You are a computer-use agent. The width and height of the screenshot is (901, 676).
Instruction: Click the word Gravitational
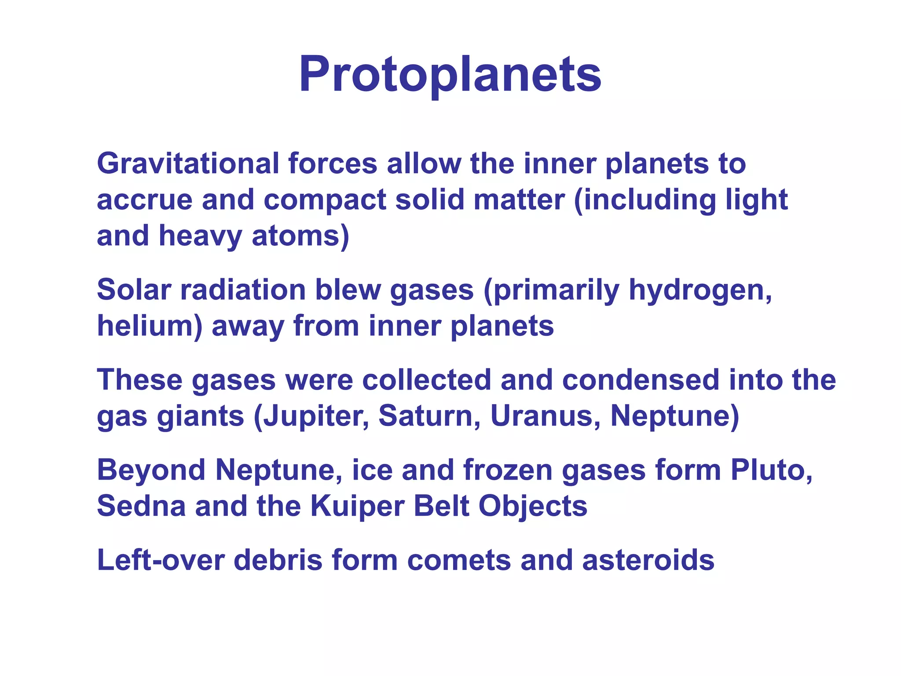pyautogui.click(x=188, y=164)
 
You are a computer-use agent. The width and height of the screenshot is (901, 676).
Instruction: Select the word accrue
pyautogui.click(x=144, y=200)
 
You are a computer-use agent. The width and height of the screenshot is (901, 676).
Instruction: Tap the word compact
pyautogui.click(x=325, y=200)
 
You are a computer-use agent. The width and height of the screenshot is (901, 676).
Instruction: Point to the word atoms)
pyautogui.click(x=300, y=236)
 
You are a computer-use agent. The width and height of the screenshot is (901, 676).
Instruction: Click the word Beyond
pyautogui.click(x=151, y=470)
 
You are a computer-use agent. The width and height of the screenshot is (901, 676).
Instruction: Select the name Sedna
pyautogui.click(x=141, y=506)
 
